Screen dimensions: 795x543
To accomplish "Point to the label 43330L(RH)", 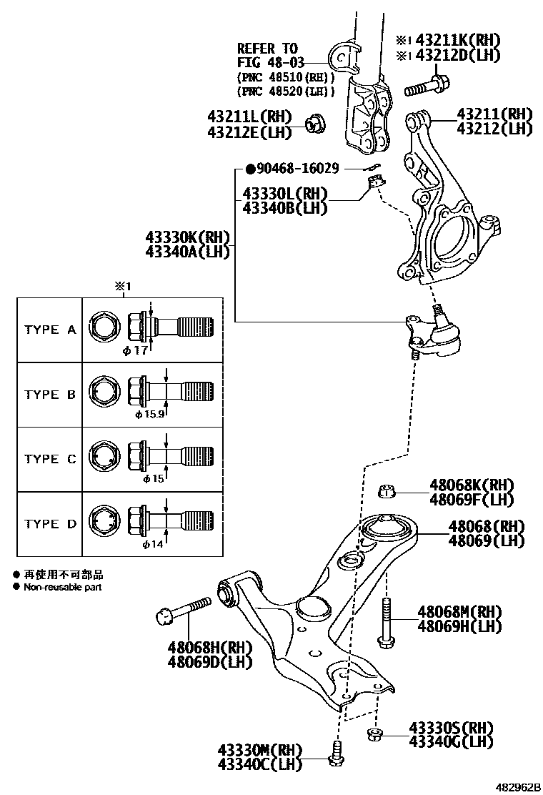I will pos(284,194).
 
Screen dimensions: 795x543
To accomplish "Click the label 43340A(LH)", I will pos(186,251).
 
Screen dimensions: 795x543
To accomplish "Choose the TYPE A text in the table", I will pos(50,330).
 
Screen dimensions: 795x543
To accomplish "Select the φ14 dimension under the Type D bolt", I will pos(153,545).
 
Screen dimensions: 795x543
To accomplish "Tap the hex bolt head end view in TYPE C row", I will pos(103,458).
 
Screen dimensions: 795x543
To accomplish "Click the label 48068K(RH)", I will pos(472,485).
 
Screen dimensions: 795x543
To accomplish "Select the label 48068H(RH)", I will pos(210,647).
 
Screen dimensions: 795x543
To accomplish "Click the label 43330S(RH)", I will pos(451,728).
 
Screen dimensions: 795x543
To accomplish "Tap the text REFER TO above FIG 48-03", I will pos(266,48).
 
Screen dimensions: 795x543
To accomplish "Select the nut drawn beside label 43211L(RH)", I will pos(315,123).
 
